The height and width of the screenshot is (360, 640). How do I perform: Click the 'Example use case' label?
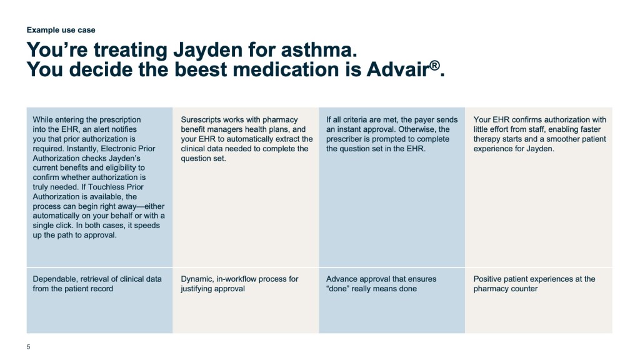[61, 30]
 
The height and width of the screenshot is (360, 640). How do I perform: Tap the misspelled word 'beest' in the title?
[201, 69]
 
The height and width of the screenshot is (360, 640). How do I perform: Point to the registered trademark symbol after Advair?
[435, 65]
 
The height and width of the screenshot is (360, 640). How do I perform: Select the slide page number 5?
[28, 347]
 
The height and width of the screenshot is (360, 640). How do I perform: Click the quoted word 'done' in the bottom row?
[336, 289]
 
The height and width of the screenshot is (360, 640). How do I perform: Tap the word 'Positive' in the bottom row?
[487, 279]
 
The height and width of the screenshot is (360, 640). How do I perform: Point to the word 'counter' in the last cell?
[524, 289]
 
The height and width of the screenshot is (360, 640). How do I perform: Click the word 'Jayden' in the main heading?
[208, 51]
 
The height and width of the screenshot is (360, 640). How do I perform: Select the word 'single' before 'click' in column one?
[44, 226]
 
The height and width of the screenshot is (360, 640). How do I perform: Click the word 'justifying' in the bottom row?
[197, 289]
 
